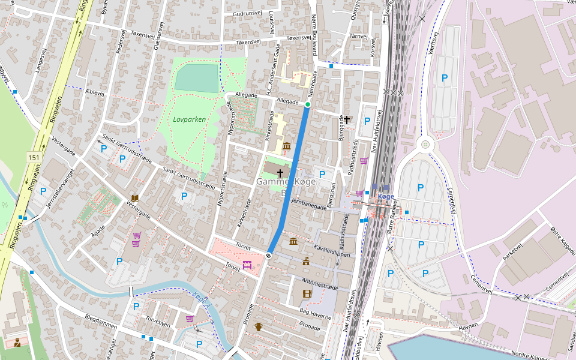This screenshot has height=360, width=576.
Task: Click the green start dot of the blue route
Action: (308, 104)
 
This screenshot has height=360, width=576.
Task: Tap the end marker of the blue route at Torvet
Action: (268, 256)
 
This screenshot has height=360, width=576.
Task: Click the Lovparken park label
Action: (189, 119)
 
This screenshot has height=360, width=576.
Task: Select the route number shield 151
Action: (34, 157)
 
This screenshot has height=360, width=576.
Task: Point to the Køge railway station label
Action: (386, 196)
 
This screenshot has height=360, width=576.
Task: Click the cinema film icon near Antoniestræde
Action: (307, 293)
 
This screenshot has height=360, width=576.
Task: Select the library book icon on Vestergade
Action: (135, 198)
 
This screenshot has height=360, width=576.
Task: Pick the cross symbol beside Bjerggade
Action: (347, 120)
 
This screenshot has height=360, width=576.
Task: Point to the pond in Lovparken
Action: (196, 78)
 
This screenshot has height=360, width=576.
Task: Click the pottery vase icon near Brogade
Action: (259, 327)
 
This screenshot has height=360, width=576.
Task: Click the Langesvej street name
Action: (41, 61)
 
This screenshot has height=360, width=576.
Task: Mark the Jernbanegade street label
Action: (308, 205)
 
